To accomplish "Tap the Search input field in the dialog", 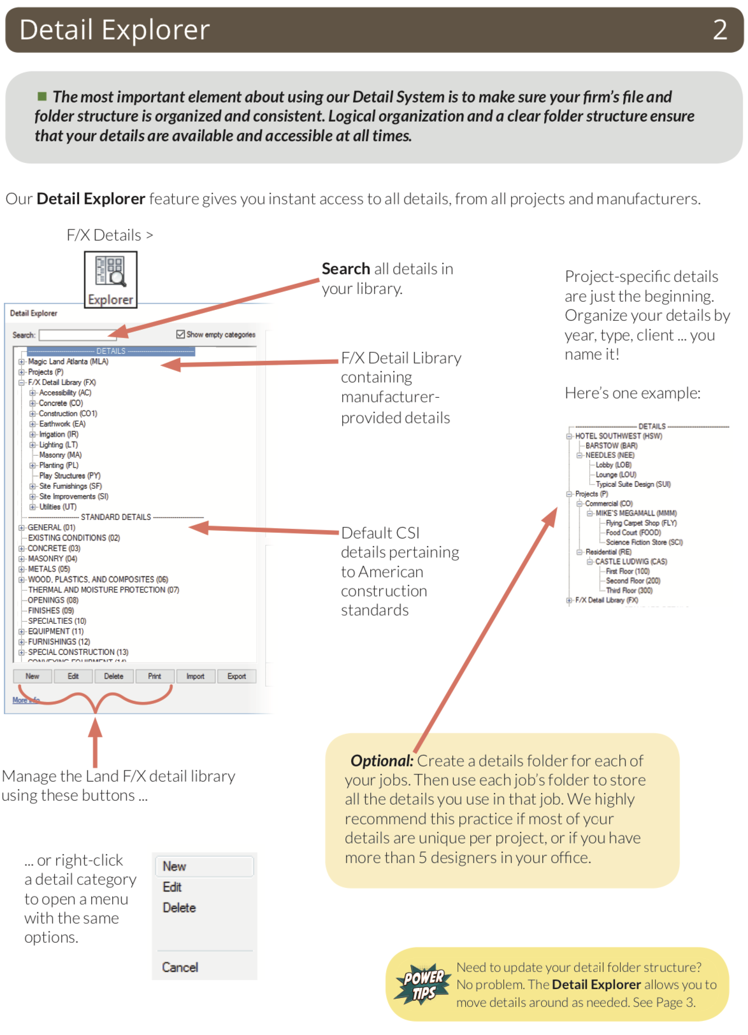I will (76, 335).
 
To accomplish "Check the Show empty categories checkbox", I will (181, 334).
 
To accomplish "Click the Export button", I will (236, 676).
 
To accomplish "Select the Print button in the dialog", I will (154, 676).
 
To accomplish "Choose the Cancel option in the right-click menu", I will (180, 967).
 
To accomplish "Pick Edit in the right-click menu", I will (172, 887).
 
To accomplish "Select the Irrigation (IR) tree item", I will (59, 434).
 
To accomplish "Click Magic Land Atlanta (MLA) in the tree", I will (68, 362).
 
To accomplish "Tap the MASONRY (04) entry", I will (52, 558).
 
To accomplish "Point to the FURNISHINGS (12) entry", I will (59, 642).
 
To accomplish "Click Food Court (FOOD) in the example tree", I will (633, 532).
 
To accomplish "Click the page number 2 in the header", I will (719, 30).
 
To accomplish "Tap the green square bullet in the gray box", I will (42, 96).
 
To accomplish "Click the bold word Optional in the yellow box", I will (382, 761).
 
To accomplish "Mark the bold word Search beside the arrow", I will (345, 269).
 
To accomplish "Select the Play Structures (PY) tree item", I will (69, 475).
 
